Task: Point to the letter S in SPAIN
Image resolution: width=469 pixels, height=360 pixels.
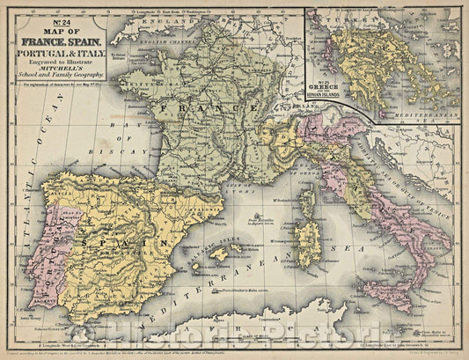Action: pyautogui.click(x=85, y=239)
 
